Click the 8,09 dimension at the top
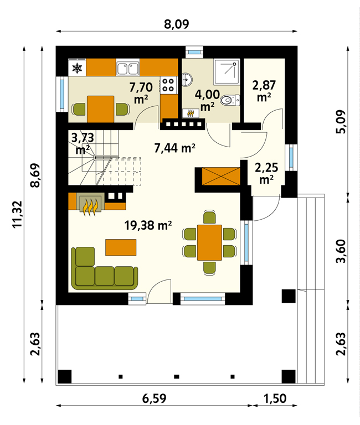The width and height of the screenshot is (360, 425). pos(176,24)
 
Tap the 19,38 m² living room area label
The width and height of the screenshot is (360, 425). pos(148,225)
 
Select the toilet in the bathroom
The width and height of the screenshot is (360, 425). pos(230,101)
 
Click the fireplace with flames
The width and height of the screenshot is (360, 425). pos(90,203)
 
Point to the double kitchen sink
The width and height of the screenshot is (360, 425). pos(128,68)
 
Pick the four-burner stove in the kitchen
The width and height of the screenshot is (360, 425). pos(168,85)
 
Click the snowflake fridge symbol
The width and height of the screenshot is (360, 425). pos(77,68)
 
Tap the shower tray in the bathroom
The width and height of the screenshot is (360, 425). pos(227,72)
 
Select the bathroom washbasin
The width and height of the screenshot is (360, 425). pos(187,80)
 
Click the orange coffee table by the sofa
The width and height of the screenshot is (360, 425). pos(121,247)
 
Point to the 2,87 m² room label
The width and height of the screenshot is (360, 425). pos(264,91)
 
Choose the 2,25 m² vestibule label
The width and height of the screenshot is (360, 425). pos(266,173)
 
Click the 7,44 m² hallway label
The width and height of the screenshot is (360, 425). pos(174,148)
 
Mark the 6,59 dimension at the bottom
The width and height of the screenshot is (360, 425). pos(154,398)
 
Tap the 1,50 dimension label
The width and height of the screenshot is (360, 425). pos(275,398)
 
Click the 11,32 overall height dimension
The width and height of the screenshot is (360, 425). pos(18,214)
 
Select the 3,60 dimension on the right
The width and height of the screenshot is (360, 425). pos(341,251)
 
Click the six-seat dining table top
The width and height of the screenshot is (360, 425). pos(209,242)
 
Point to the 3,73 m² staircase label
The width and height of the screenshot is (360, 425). pos(83,144)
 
